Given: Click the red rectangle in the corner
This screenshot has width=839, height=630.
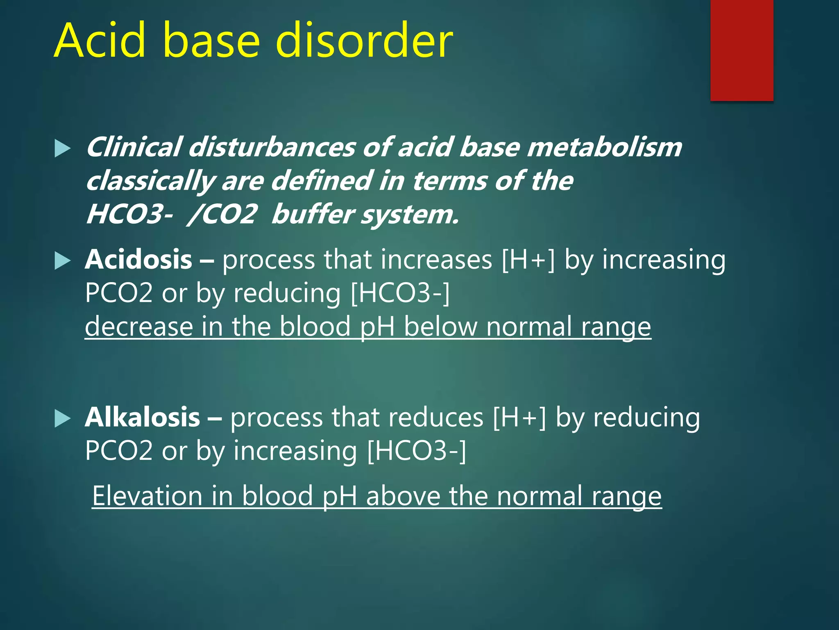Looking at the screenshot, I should pyautogui.click(x=741, y=50).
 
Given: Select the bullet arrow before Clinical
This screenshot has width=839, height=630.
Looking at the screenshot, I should pyautogui.click(x=62, y=148).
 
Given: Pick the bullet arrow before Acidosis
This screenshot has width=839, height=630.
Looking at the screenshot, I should pyautogui.click(x=62, y=261).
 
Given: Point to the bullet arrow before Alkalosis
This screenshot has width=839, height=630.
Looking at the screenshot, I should pyautogui.click(x=62, y=418).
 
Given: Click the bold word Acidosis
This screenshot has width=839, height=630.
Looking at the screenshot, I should pyautogui.click(x=138, y=260).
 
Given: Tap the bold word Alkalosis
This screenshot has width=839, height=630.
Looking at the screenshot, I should pyautogui.click(x=142, y=418).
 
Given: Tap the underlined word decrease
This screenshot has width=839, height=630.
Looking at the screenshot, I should pyautogui.click(x=139, y=327).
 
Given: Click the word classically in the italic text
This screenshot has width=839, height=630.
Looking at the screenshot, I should pyautogui.click(x=150, y=181).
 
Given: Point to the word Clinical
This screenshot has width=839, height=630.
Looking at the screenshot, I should pyautogui.click(x=134, y=148).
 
